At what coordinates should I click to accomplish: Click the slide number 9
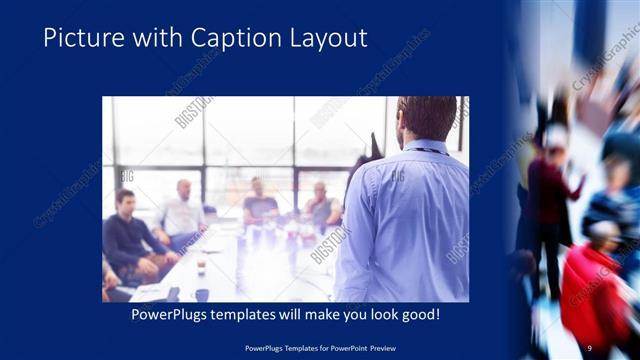tap(590, 347)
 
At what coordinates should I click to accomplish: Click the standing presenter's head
tap(427, 119)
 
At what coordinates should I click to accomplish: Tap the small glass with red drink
tap(201, 264)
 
